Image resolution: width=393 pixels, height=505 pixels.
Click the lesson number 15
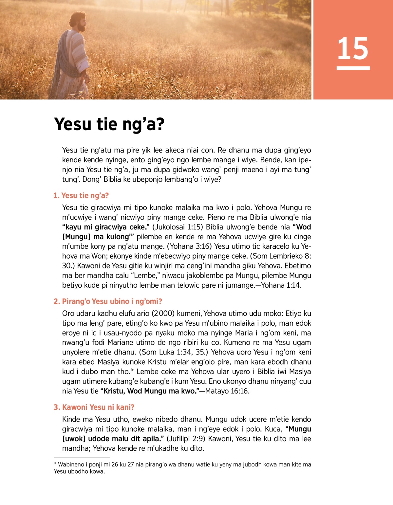(x=353, y=48)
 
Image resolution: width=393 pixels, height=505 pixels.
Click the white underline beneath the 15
(x=353, y=68)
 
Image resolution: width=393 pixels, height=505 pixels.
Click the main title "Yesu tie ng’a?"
(x=109, y=124)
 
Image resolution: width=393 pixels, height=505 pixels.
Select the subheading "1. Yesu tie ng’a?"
(x=81, y=195)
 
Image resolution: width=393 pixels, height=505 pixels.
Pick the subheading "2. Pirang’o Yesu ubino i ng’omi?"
(x=108, y=301)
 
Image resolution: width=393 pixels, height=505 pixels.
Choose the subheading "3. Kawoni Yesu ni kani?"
(x=94, y=407)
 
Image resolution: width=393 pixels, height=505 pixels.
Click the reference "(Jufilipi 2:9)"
(x=186, y=439)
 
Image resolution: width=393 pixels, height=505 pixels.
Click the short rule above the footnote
(x=82, y=457)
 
